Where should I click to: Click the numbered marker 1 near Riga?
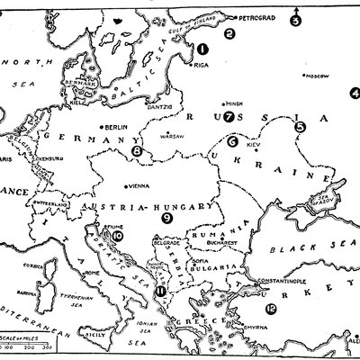(x=203, y=50)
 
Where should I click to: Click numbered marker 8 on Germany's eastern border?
(x=137, y=152)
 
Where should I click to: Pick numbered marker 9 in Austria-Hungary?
(x=166, y=217)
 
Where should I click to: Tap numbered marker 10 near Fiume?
(x=118, y=236)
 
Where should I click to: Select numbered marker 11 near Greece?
(x=160, y=290)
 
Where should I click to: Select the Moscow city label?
(x=315, y=76)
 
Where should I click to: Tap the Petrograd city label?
(x=259, y=17)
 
